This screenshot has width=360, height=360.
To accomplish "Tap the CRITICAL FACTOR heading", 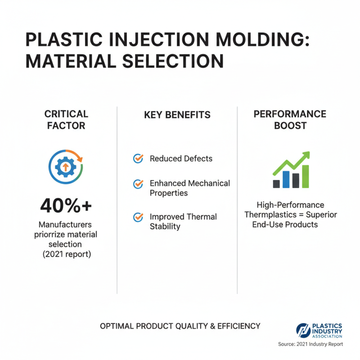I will point(66,120).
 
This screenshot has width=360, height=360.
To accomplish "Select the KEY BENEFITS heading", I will point(177,115).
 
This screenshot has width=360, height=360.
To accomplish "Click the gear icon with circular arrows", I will point(66,167).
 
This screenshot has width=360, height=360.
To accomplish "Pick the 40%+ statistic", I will point(66,206).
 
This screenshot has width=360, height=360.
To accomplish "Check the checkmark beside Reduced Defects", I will point(139,158).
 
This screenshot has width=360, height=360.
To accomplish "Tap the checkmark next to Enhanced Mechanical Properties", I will point(139,184).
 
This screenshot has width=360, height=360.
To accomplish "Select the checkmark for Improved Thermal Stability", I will point(139,217).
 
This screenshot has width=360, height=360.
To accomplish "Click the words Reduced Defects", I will point(181,158).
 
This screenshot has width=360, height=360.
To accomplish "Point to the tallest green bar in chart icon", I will point(306,176).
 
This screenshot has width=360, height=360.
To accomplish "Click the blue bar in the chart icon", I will point(286,179).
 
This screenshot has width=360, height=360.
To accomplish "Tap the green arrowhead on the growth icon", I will point(306,156).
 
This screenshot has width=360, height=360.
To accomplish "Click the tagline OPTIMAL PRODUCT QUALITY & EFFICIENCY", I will point(180,326).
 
